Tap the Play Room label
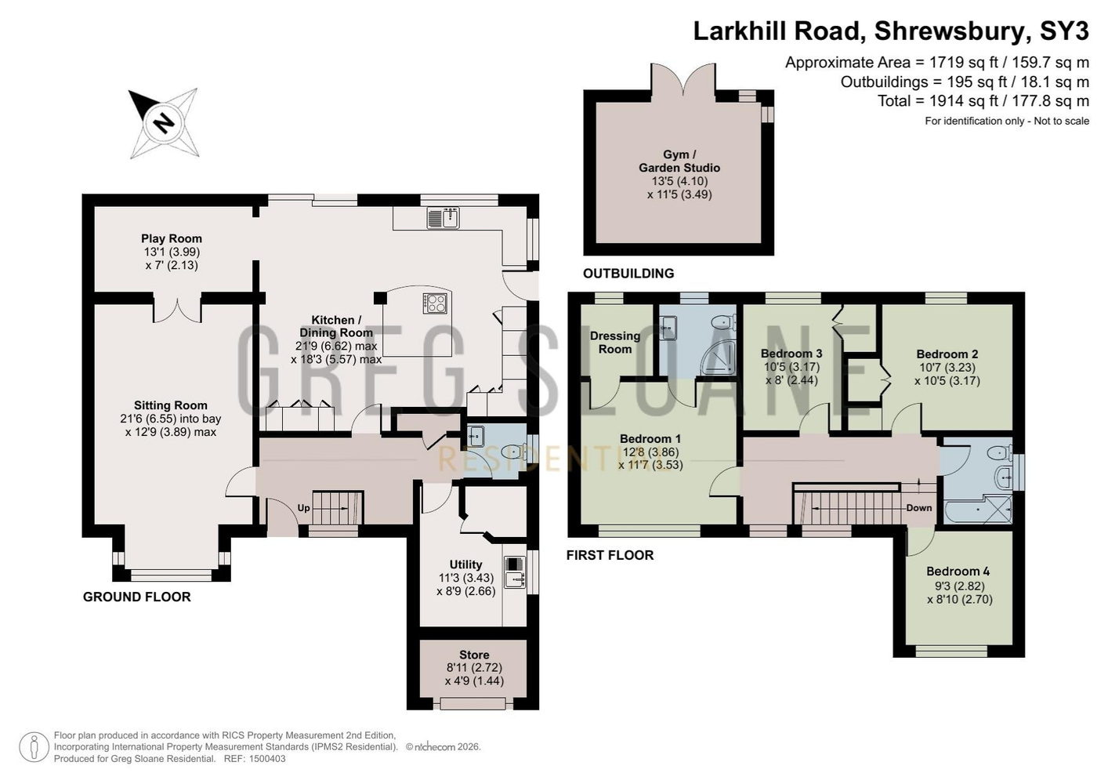(x=171, y=238)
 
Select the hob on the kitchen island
(x=436, y=303)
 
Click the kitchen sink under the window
(x=444, y=218)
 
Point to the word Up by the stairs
(x=304, y=508)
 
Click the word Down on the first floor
(x=918, y=508)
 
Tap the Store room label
(x=474, y=655)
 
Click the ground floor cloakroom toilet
(x=512, y=452)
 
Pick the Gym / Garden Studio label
(x=679, y=161)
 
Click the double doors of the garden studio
(x=683, y=79)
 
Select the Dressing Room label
(x=615, y=343)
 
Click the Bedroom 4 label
(x=958, y=572)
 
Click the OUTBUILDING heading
(x=628, y=273)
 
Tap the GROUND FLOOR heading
(x=136, y=597)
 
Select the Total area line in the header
(x=983, y=101)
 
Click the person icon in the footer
(x=34, y=747)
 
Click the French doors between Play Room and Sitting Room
(x=177, y=310)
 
